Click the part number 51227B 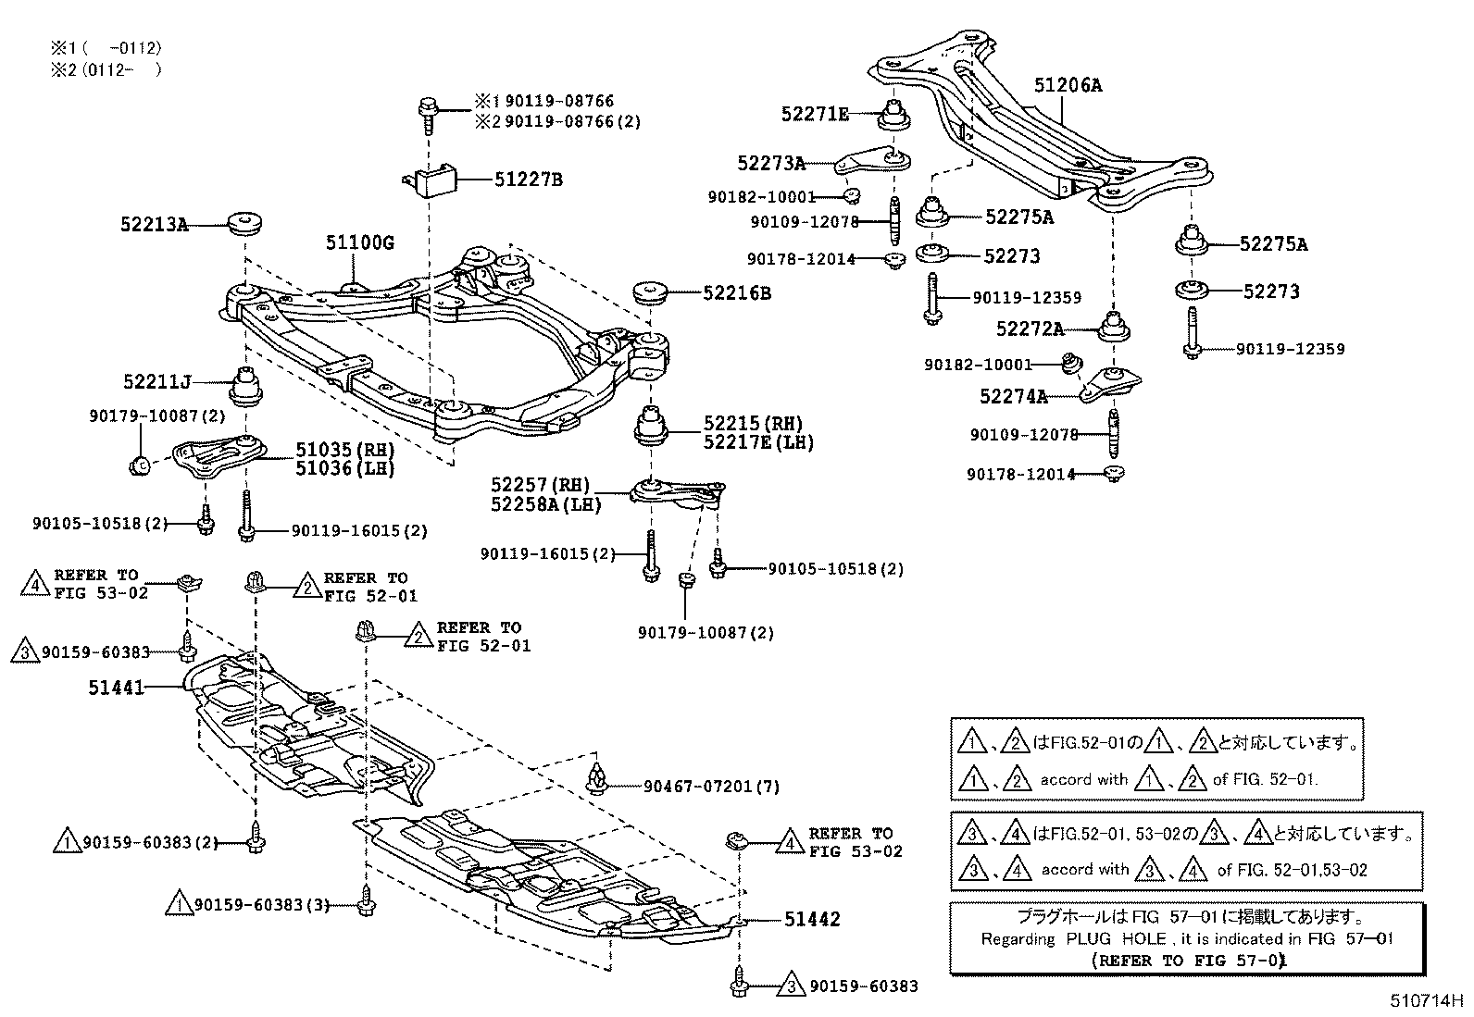click(x=527, y=180)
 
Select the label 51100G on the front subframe click(x=359, y=243)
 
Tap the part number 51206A click(x=1068, y=86)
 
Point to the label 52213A click(x=154, y=224)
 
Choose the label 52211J click(x=156, y=381)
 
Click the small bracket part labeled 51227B click(x=433, y=180)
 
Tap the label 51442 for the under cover click(x=812, y=919)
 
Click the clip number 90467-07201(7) click(x=711, y=787)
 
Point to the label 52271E click(x=815, y=114)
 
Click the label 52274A click(x=1013, y=397)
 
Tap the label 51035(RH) click(x=344, y=450)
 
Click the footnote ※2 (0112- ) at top click(x=106, y=69)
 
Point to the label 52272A click(x=1030, y=329)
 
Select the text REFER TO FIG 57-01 click(x=1190, y=961)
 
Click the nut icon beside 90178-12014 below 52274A click(x=1115, y=474)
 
